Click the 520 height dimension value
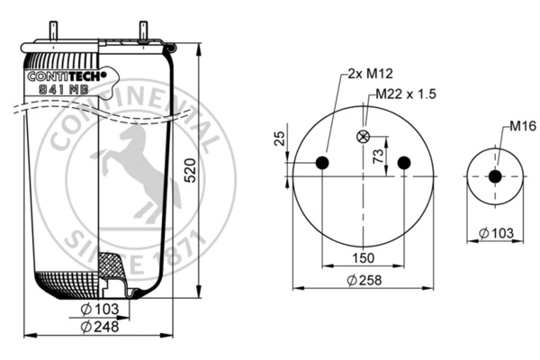click(x=190, y=170)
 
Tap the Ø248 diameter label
click(x=100, y=326)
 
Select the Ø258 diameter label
click(x=364, y=280)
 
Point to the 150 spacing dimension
click(x=363, y=257)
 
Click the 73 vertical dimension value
click(x=378, y=156)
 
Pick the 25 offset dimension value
click(x=280, y=138)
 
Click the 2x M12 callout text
click(x=370, y=74)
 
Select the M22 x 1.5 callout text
click(x=406, y=94)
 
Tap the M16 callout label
click(x=523, y=126)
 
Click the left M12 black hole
click(x=322, y=163)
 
